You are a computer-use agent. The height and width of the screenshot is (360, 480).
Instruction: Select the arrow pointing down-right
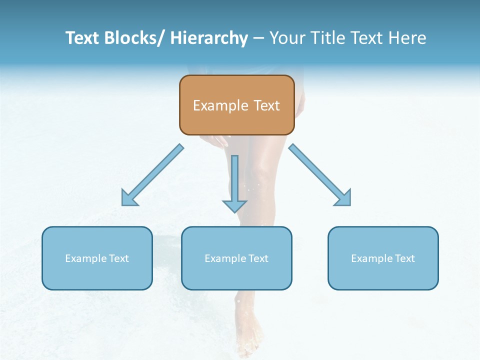pos(320,175)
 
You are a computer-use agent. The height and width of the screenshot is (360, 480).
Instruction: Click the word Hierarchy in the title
pos(209,38)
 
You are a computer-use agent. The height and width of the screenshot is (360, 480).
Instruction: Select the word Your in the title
pos(287,38)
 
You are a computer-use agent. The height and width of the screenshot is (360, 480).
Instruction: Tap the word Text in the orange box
pos(265,105)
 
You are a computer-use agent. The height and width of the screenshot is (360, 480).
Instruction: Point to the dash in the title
pos(258,38)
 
